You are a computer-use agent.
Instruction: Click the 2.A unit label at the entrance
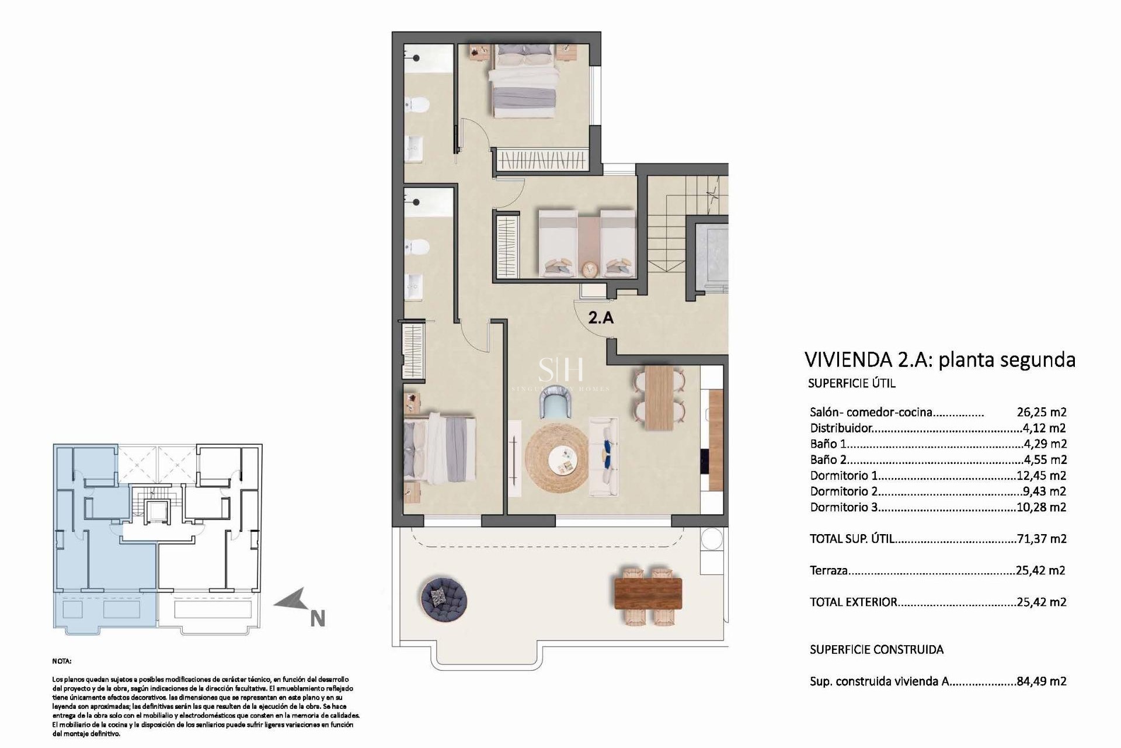pyautogui.click(x=601, y=318)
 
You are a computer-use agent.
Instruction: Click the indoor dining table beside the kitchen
pyautogui.click(x=659, y=397)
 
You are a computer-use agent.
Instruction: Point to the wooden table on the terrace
pyautogui.click(x=648, y=593)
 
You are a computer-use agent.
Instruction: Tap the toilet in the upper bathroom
pyautogui.click(x=418, y=105)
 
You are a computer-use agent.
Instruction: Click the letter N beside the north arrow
pyautogui.click(x=317, y=619)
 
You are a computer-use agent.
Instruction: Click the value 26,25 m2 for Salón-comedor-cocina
pyautogui.click(x=1041, y=412)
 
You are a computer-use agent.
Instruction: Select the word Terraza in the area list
pyautogui.click(x=828, y=570)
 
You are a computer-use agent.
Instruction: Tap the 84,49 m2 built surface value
pyautogui.click(x=1041, y=681)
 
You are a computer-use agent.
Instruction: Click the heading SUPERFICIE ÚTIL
pyautogui.click(x=851, y=383)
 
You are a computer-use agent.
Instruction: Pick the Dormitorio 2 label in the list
pyautogui.click(x=844, y=491)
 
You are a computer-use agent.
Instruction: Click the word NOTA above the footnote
pyautogui.click(x=62, y=662)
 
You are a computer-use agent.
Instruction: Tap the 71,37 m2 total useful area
pyautogui.click(x=1041, y=539)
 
